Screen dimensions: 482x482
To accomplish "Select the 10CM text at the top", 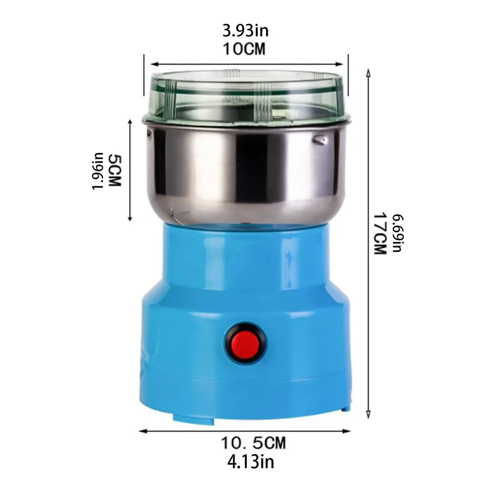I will (x=244, y=48).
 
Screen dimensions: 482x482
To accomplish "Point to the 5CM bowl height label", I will (x=115, y=170).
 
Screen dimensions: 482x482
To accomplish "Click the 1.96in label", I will (x=97, y=170).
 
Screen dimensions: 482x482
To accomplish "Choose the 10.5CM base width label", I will (x=253, y=443).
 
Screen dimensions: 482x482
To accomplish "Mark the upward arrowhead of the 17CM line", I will (x=367, y=72).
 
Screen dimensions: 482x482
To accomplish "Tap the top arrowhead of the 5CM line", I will (x=130, y=122).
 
